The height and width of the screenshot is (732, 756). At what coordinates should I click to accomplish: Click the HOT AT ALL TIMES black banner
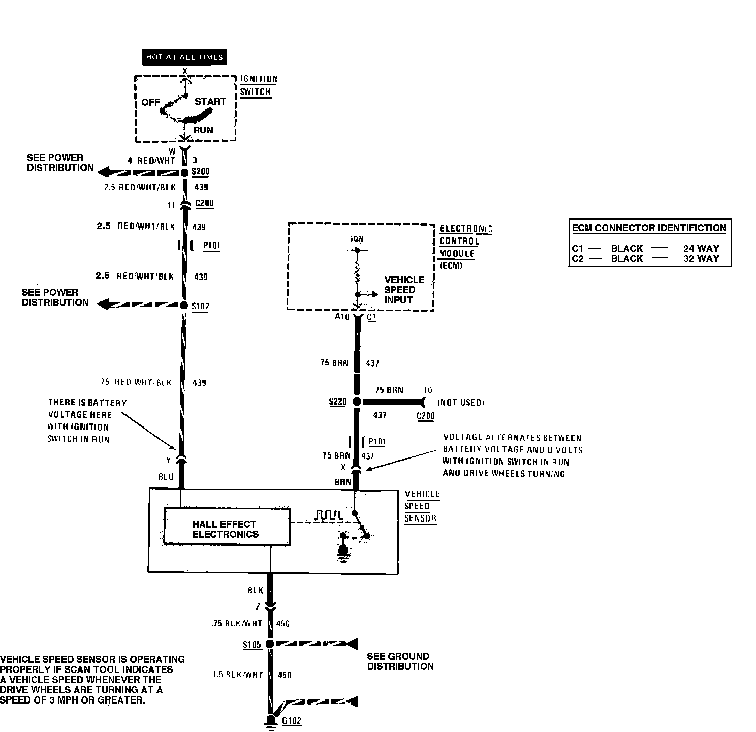[x=184, y=57]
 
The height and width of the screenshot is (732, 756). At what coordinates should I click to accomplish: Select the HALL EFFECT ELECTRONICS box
[x=227, y=529]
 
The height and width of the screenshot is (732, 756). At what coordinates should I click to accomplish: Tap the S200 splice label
[x=200, y=172]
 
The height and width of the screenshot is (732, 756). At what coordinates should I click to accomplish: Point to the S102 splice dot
[x=184, y=305]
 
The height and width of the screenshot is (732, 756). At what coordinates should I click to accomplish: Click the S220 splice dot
[x=357, y=402]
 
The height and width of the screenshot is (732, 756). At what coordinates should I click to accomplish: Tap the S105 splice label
[x=252, y=645]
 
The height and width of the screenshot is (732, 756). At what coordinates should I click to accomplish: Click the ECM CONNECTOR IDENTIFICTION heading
[x=649, y=228]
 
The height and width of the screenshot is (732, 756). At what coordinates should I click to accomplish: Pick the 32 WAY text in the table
[x=701, y=258]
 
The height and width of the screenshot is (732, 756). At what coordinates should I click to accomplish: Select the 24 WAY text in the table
[x=701, y=248]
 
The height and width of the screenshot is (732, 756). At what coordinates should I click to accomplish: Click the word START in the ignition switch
[x=210, y=102]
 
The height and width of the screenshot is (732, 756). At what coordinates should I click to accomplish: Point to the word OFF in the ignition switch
[x=150, y=102]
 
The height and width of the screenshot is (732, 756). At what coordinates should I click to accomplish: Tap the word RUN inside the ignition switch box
[x=203, y=130]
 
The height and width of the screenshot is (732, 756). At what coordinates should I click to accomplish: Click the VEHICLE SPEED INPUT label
[x=404, y=290]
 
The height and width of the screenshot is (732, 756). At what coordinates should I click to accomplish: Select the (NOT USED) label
[x=461, y=403]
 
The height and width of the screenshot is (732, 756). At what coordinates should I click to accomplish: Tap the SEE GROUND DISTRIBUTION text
[x=400, y=661]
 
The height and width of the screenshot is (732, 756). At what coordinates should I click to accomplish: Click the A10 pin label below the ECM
[x=342, y=317]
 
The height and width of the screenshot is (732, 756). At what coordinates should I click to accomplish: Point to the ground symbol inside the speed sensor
[x=344, y=553]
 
